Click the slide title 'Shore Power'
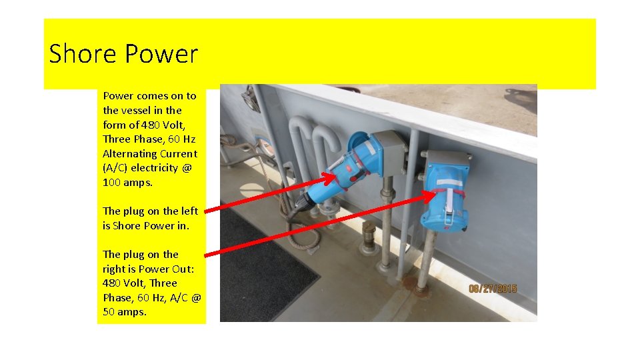click(123, 54)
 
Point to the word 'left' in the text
click(189, 211)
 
